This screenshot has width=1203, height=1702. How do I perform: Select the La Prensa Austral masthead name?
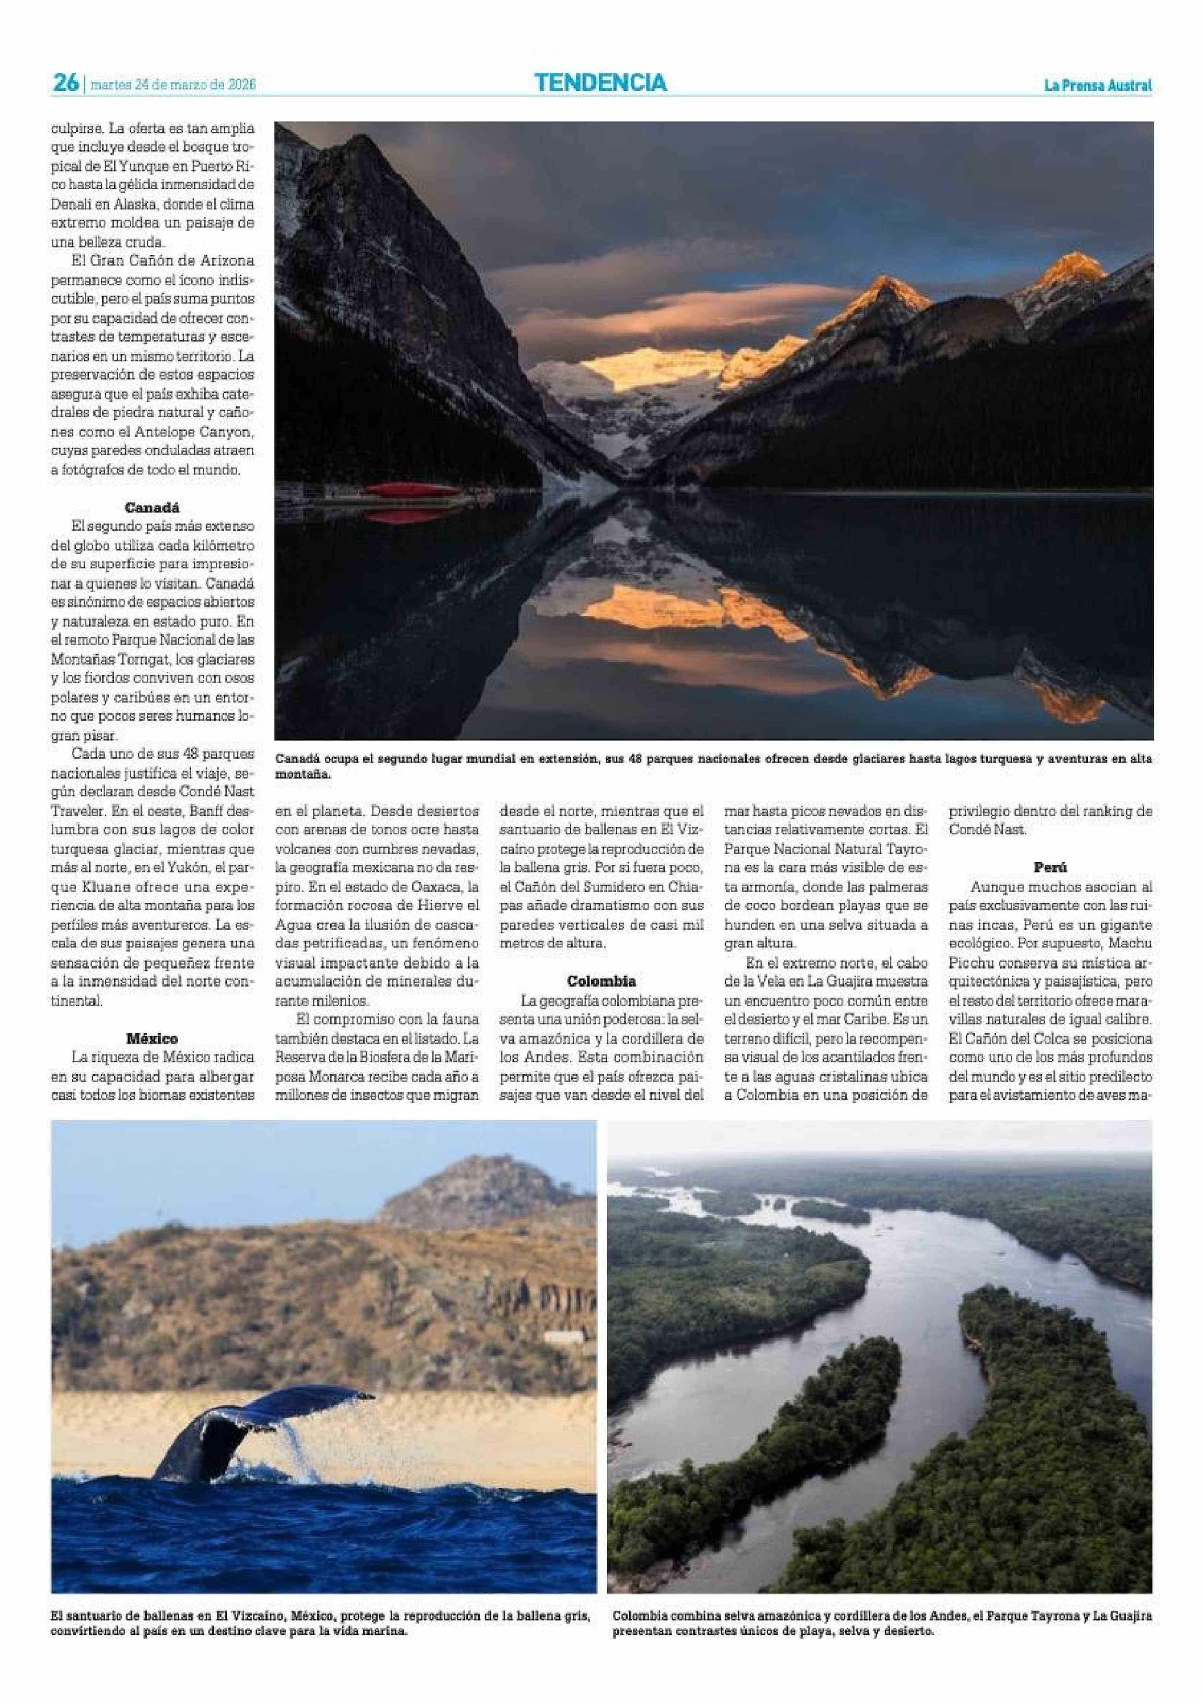pos(1098,86)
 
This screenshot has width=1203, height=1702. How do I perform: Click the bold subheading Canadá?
pos(152,508)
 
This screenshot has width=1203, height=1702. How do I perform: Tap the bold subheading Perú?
pos(1050,866)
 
